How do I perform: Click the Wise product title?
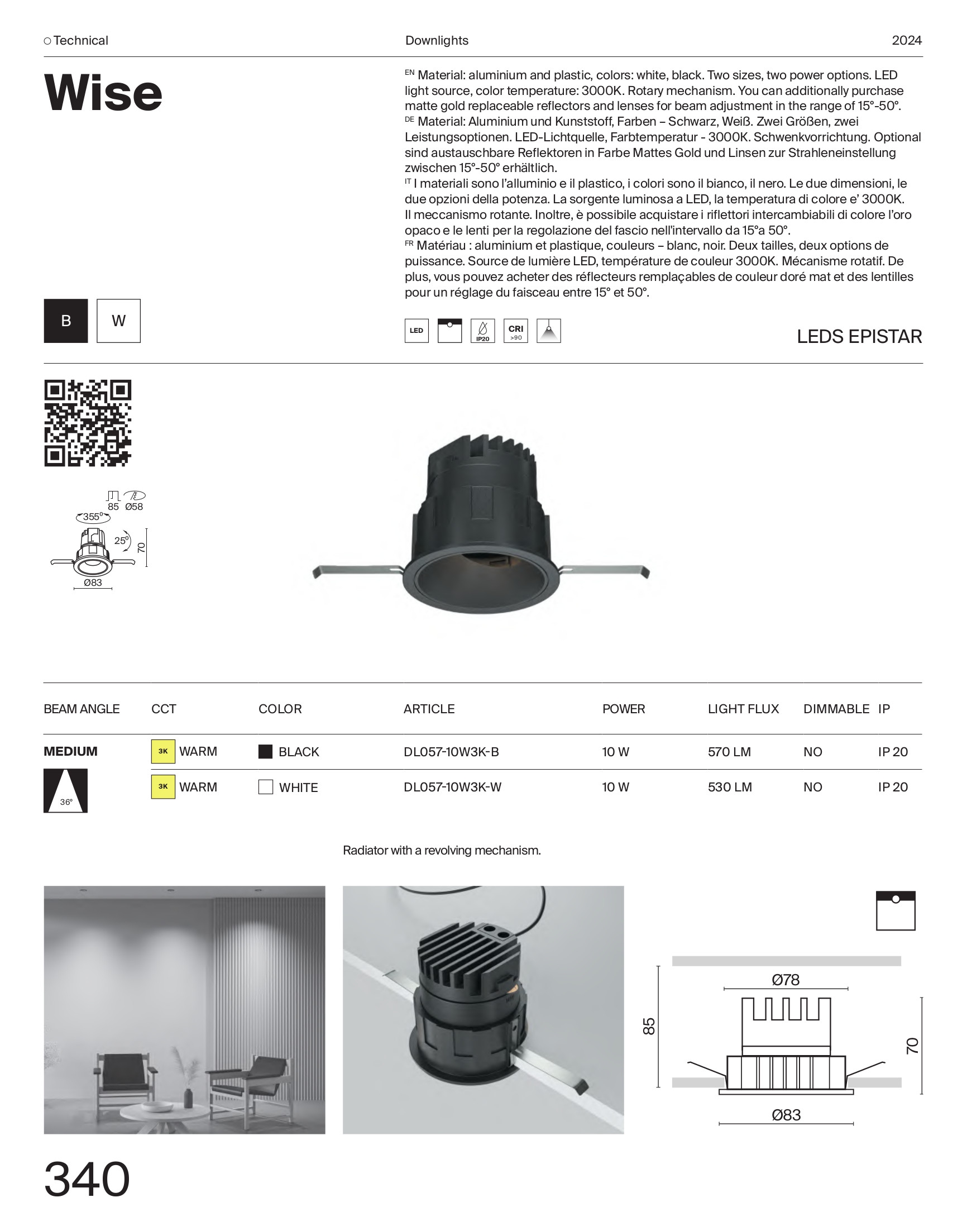pos(103,93)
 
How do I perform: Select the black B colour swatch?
pos(66,321)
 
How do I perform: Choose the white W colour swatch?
pos(118,321)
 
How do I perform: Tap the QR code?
pos(88,423)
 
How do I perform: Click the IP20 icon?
pos(482,331)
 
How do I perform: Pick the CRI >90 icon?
pos(515,331)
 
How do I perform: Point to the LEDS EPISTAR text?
pos(859,336)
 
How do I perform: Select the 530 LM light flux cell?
pos(729,787)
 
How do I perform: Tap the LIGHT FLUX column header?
pos(743,709)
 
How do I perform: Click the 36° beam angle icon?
pos(66,790)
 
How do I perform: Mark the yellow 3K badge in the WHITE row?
pos(163,786)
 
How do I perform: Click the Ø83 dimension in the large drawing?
pos(786,1115)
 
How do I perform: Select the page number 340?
pos(87,1180)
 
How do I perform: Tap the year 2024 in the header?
pos(906,41)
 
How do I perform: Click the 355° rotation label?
pos(92,517)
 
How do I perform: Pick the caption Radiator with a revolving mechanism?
pos(442,850)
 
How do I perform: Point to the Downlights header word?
pos(437,41)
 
